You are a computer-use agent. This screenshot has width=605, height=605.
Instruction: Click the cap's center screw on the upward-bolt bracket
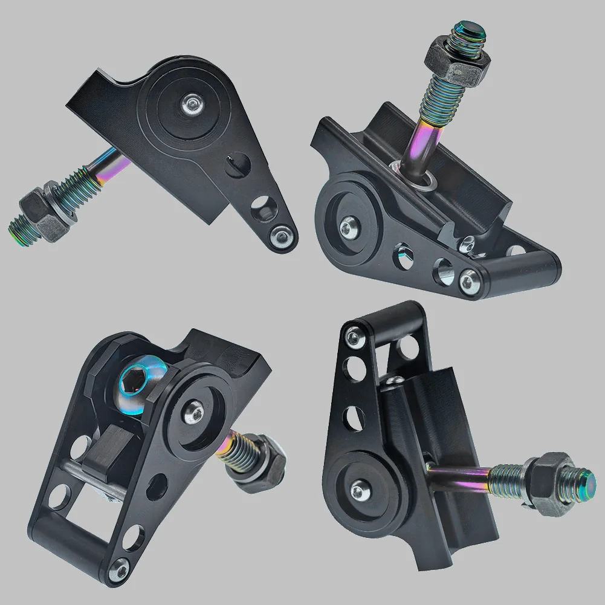point(348,227)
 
